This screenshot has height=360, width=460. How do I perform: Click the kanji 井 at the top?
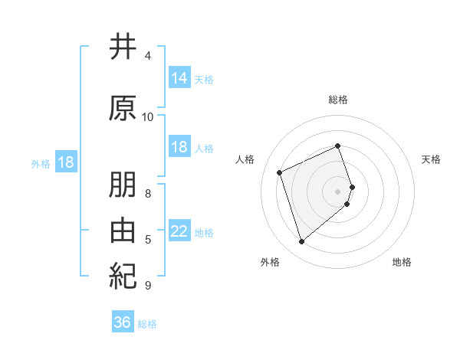click(x=123, y=47)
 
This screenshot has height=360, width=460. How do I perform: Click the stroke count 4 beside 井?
click(x=147, y=56)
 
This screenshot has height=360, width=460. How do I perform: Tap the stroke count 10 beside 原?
click(x=148, y=116)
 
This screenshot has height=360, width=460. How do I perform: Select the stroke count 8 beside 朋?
click(x=147, y=193)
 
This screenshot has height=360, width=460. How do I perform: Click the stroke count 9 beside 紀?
click(x=147, y=286)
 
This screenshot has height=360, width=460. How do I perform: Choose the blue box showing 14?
click(x=179, y=77)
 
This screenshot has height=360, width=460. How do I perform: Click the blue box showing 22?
click(x=179, y=231)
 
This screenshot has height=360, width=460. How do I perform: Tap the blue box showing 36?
click(x=122, y=322)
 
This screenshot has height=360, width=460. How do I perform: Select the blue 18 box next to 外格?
click(x=65, y=162)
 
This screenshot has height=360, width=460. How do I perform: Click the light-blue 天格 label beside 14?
click(x=204, y=79)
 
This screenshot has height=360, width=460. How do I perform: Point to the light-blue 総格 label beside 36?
click(x=147, y=324)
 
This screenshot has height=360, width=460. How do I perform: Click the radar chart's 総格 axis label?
click(x=338, y=100)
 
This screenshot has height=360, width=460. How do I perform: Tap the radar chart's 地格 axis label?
click(x=402, y=263)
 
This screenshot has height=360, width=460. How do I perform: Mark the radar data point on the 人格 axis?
click(x=281, y=172)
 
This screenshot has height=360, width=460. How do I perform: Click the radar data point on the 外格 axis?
click(x=301, y=242)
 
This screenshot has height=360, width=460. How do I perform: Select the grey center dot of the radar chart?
click(x=338, y=191)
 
